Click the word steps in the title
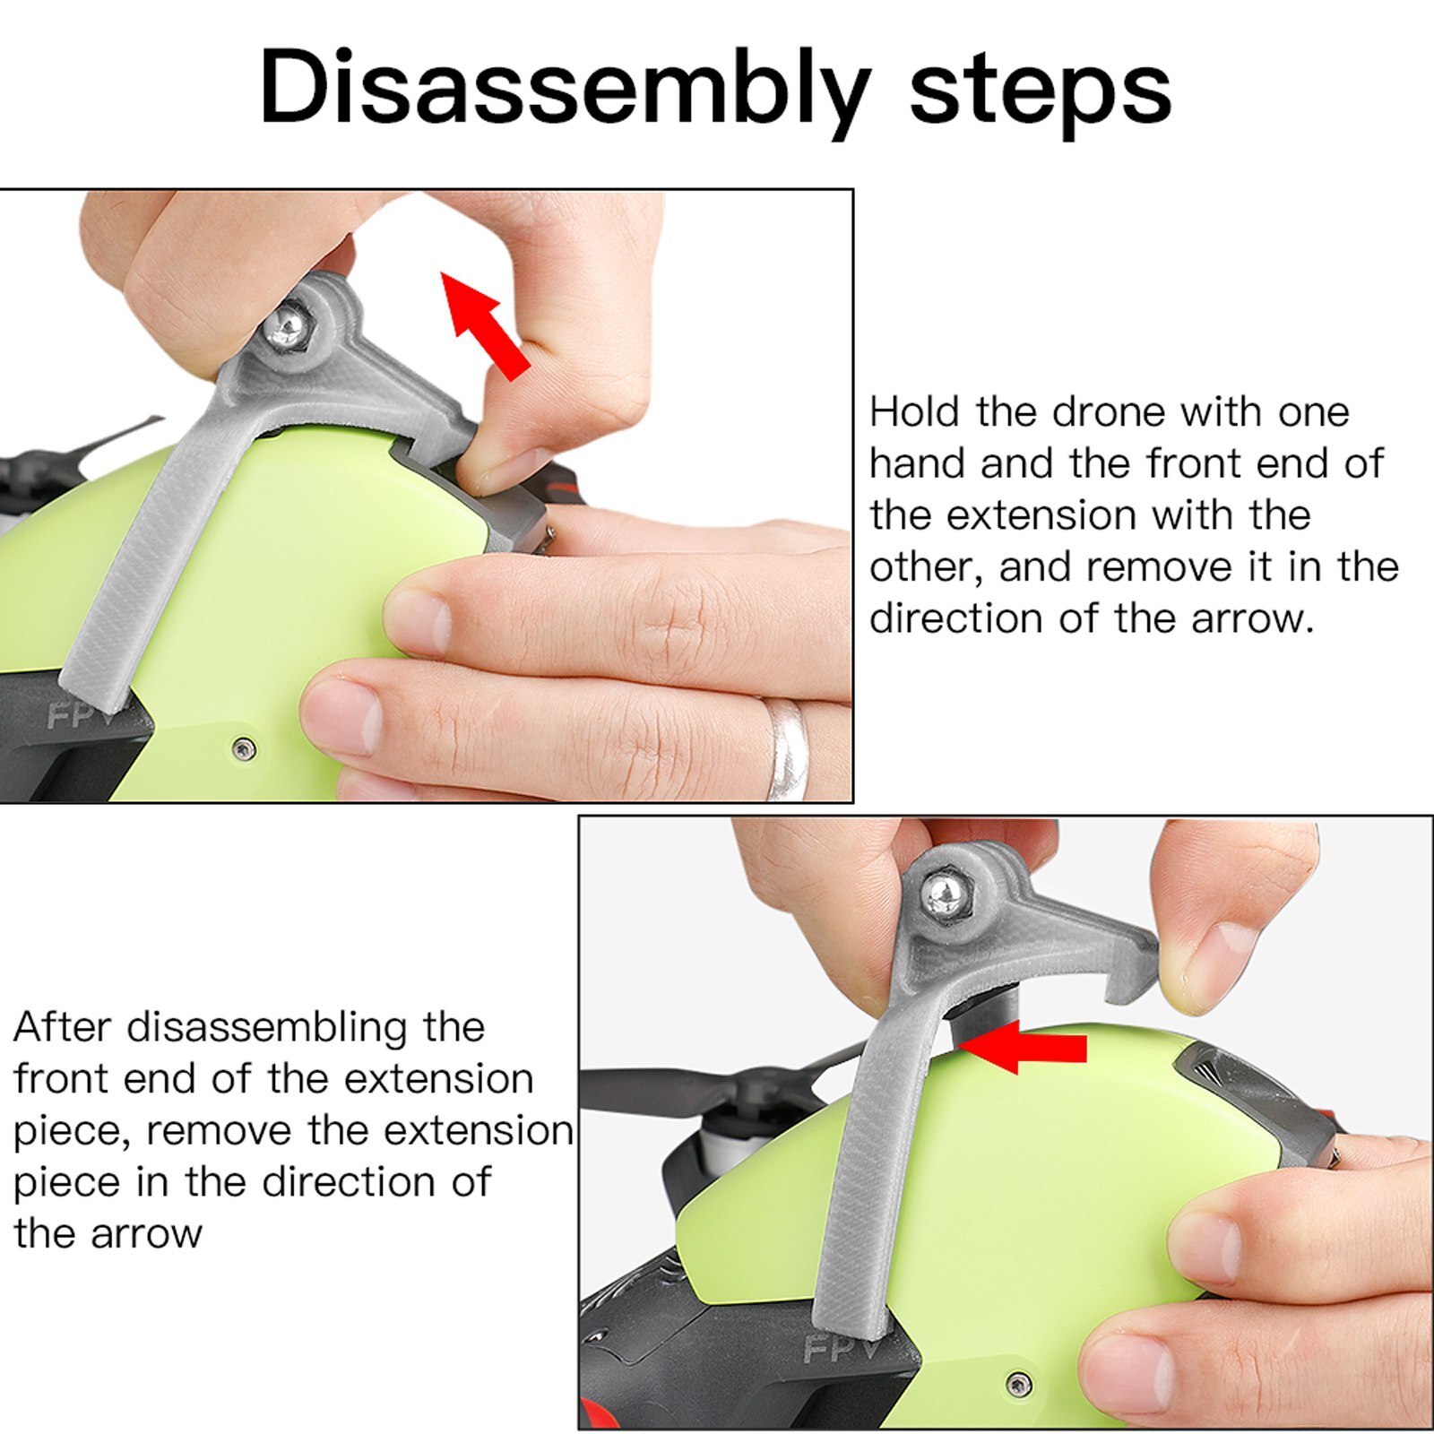point(1041,87)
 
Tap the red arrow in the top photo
point(484,325)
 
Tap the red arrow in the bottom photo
point(1022,1046)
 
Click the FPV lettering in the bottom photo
point(841,1346)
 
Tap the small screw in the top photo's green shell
point(243,748)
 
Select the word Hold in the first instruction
point(915,412)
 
